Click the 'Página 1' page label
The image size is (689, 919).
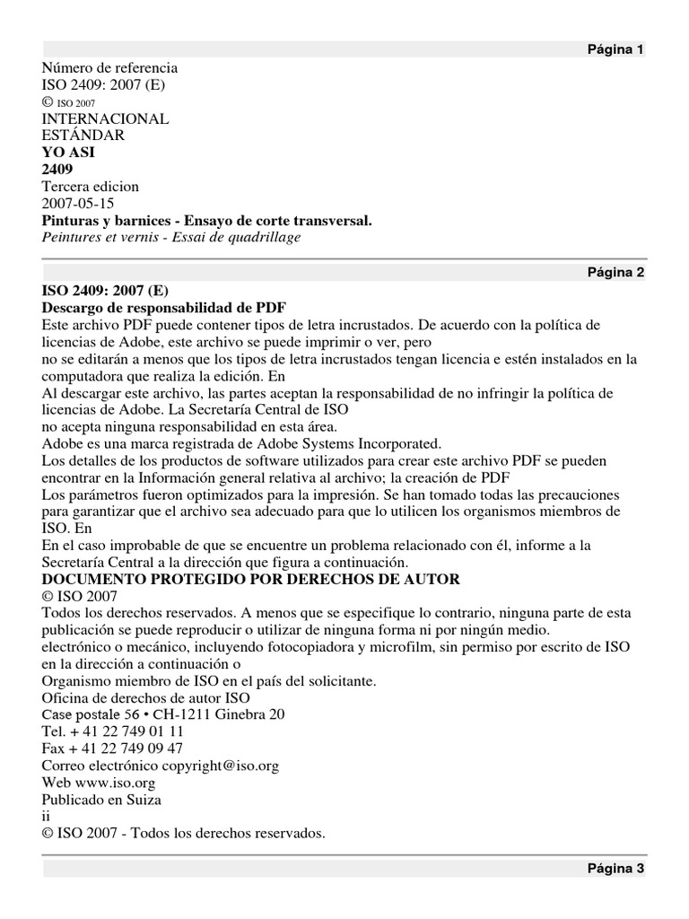pyautogui.click(x=615, y=49)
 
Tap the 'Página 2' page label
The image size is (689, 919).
pyautogui.click(x=615, y=273)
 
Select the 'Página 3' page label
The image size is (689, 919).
pyautogui.click(x=615, y=868)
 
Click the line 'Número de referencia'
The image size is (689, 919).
pyautogui.click(x=109, y=68)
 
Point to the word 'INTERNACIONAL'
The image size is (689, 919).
pyautogui.click(x=105, y=118)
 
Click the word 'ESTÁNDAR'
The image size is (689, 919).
pyautogui.click(x=83, y=136)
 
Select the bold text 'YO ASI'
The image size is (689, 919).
pyautogui.click(x=68, y=153)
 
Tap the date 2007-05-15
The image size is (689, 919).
pyautogui.click(x=78, y=203)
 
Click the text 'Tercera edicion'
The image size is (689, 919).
pyautogui.click(x=91, y=186)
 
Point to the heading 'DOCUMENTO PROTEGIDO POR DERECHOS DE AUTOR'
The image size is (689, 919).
pyautogui.click(x=250, y=580)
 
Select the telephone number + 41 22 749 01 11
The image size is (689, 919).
pyautogui.click(x=126, y=731)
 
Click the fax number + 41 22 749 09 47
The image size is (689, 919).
pyautogui.click(x=126, y=748)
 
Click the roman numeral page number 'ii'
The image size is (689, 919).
pyautogui.click(x=47, y=817)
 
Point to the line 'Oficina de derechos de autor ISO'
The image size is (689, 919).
pyautogui.click(x=146, y=698)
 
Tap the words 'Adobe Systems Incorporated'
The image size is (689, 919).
pyautogui.click(x=351, y=443)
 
